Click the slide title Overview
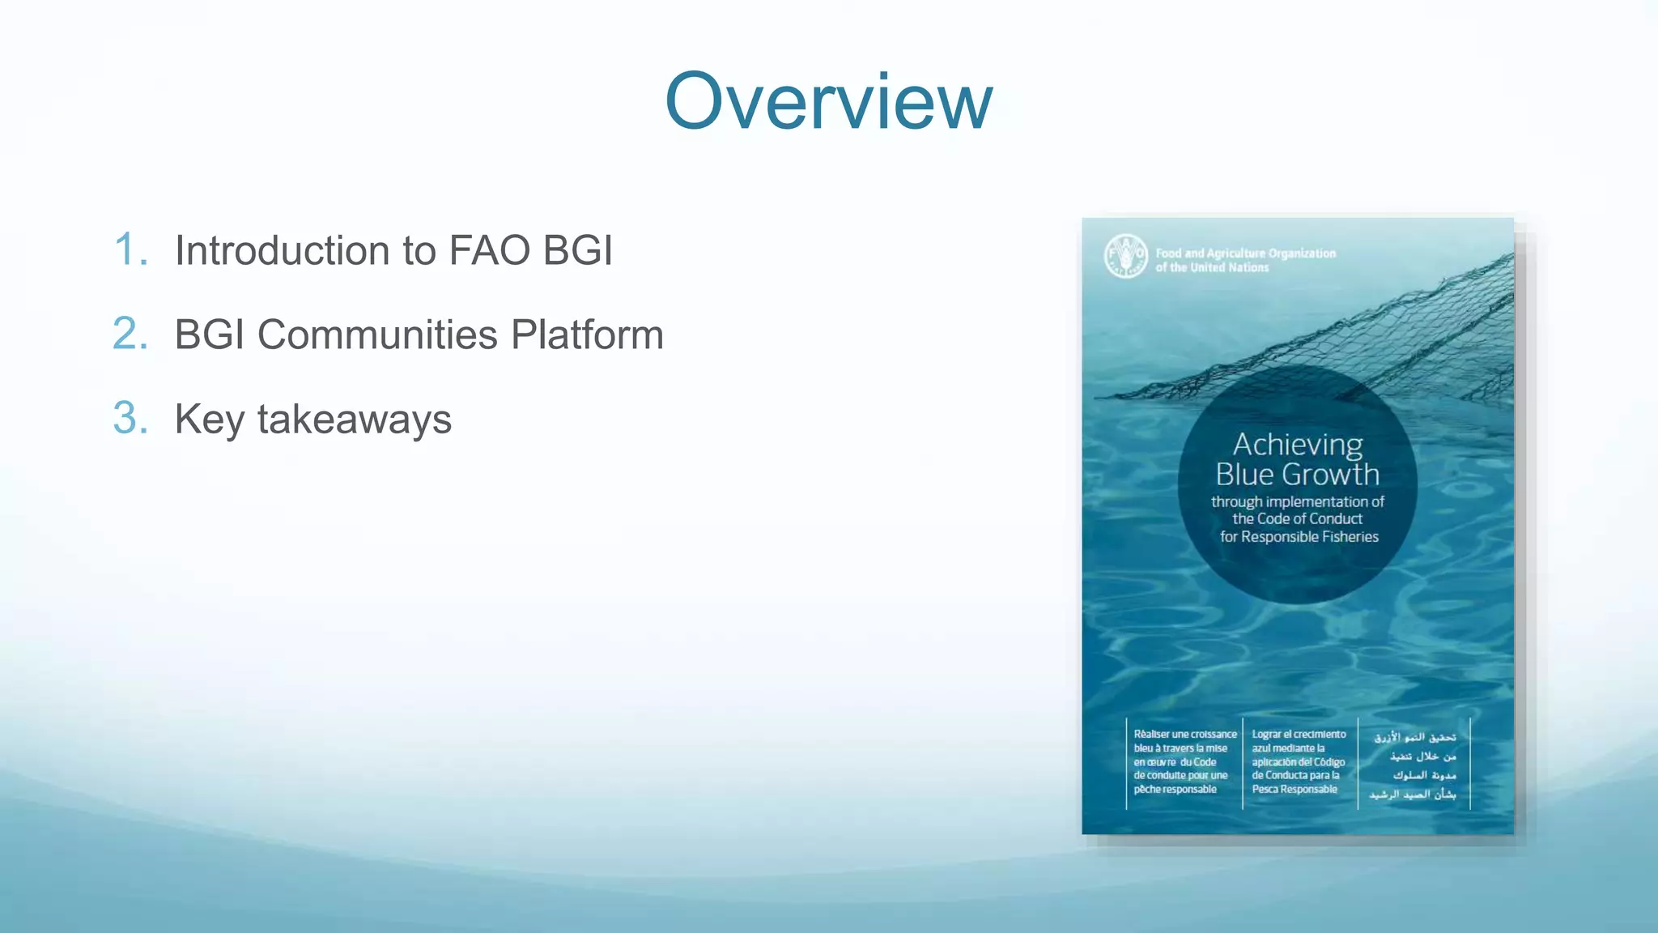(x=828, y=101)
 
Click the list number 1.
(x=130, y=249)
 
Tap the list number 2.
(x=130, y=334)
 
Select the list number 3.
(x=130, y=419)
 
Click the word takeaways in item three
(x=354, y=420)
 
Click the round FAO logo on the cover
(x=1125, y=256)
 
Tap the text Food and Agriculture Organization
(x=1245, y=253)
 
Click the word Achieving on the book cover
(x=1297, y=445)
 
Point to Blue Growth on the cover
(x=1297, y=475)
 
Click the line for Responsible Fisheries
(x=1299, y=537)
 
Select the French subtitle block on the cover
(x=1184, y=761)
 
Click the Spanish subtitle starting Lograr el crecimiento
(x=1299, y=761)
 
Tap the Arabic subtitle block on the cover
(x=1414, y=765)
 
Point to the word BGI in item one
(x=577, y=250)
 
